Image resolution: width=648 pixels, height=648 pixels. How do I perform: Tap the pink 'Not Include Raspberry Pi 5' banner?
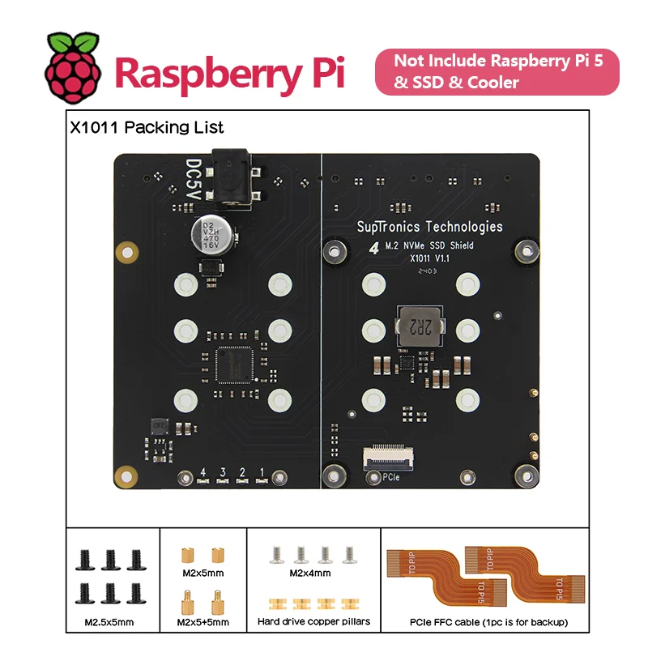point(496,71)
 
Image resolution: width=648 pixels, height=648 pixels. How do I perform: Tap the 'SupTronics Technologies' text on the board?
point(429,227)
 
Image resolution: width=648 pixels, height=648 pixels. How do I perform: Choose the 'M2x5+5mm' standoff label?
point(202,622)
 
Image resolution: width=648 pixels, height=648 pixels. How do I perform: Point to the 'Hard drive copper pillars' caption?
point(314,622)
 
